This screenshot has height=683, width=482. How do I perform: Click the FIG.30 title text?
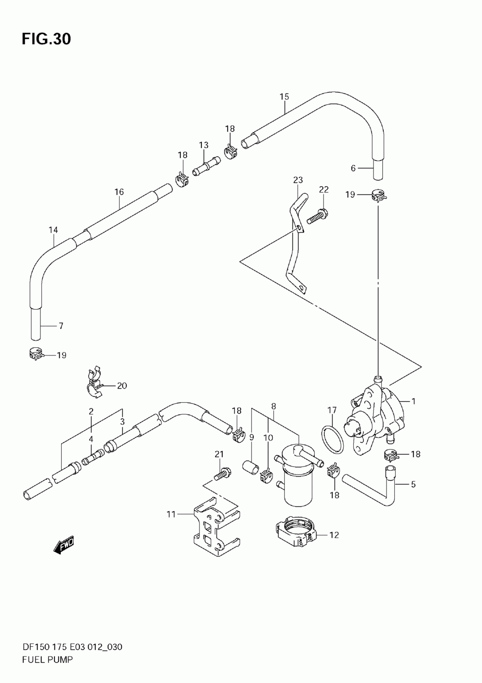tap(46, 39)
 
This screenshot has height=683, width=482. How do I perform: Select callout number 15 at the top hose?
tap(284, 96)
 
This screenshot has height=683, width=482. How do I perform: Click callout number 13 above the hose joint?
tap(203, 145)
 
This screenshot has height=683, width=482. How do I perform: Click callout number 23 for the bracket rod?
tap(298, 180)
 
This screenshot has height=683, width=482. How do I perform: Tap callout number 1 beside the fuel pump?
tap(414, 401)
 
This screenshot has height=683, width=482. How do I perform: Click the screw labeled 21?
tap(222, 476)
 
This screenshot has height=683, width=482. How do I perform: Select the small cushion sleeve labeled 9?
tap(251, 470)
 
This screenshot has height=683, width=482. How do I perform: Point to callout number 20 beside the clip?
tap(122, 386)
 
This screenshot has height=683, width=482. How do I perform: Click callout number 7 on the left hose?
tap(61, 326)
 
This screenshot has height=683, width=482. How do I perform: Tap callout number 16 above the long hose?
tap(119, 192)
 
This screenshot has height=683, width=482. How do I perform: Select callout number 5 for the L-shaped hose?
tap(413, 484)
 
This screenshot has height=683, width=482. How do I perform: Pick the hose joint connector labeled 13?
tap(206, 166)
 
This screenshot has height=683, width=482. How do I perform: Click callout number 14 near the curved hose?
tap(53, 230)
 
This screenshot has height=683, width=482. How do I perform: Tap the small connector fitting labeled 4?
tap(93, 458)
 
